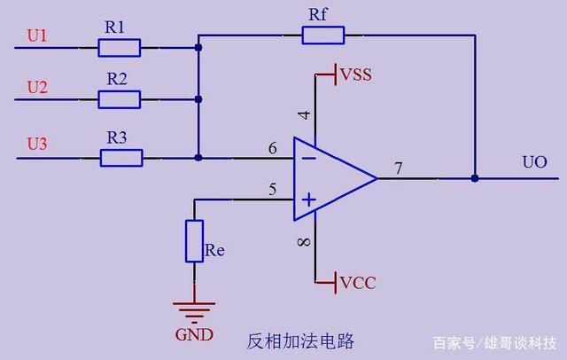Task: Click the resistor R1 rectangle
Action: point(120,48)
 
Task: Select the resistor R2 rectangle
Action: point(120,99)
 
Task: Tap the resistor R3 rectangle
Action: point(121,158)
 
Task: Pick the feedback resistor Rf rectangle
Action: point(323,35)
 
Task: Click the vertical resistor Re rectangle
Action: point(195,240)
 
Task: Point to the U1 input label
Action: point(37,35)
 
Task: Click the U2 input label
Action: point(37,88)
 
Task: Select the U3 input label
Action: point(37,144)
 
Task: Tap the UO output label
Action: point(534,162)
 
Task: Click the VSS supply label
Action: point(356,74)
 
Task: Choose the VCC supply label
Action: point(358,283)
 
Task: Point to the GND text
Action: point(194,334)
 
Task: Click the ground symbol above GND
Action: point(194,312)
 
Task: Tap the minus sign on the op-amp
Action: point(309,158)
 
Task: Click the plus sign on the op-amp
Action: point(309,200)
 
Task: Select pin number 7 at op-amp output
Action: point(398,168)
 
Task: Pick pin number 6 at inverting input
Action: point(273,148)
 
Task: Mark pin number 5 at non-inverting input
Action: point(273,190)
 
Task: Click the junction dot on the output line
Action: point(475,178)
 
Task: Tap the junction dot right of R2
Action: point(198,99)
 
